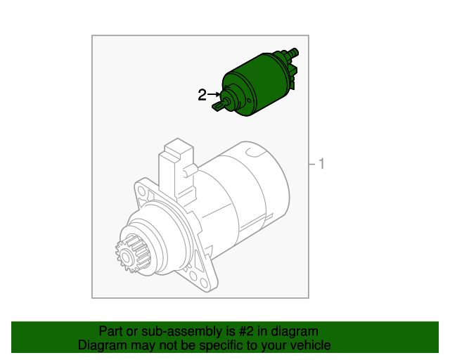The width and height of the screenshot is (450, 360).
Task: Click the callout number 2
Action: click(202, 94)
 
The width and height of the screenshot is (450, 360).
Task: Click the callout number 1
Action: click(321, 164)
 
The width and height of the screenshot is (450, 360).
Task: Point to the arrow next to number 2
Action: click(214, 94)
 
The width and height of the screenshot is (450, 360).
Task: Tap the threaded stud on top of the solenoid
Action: click(293, 53)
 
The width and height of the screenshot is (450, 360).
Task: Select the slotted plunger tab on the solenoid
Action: click(219, 106)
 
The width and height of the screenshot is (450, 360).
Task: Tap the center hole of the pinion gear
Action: click(126, 256)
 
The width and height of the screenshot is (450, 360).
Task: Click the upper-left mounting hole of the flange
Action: click(141, 191)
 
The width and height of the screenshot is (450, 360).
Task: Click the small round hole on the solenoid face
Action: click(249, 101)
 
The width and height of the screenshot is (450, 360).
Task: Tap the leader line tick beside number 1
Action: click(312, 165)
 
